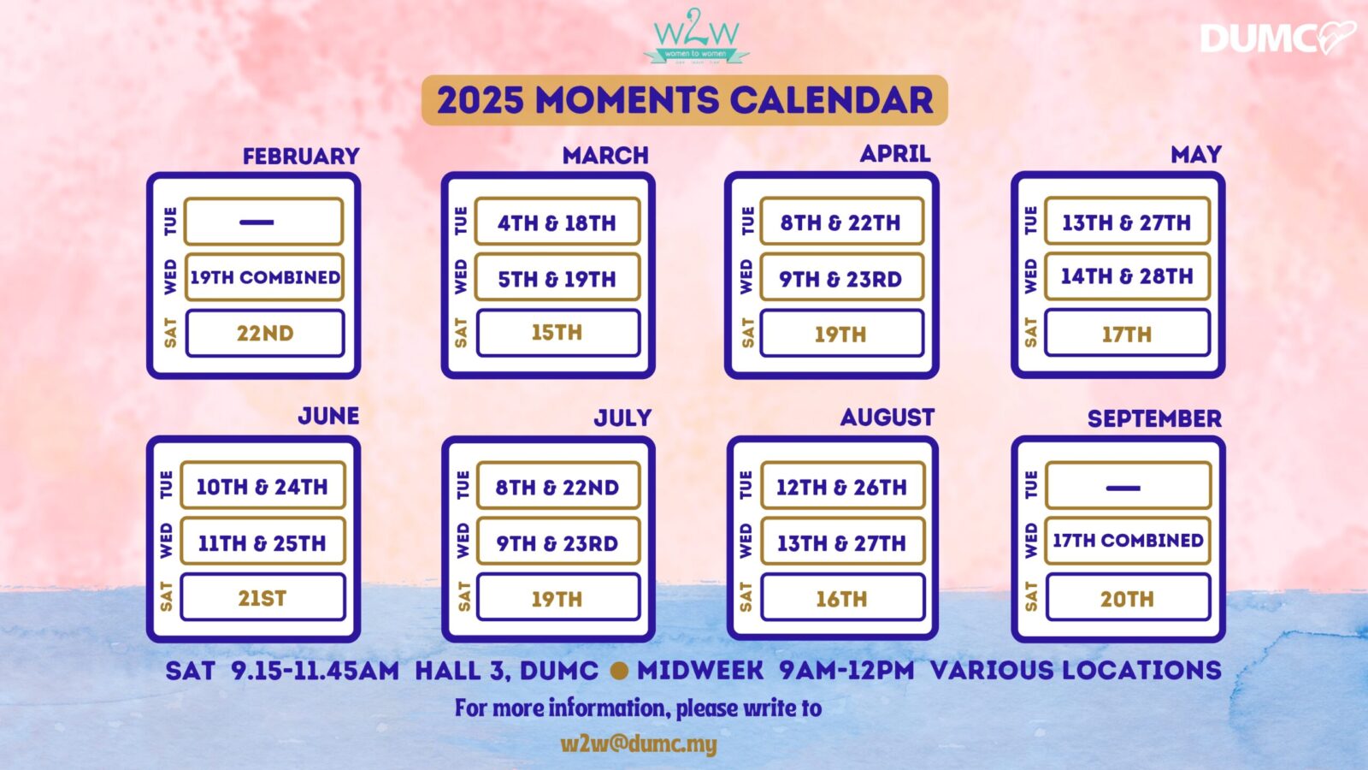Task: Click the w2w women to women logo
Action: pos(696,37)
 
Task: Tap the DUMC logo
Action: pos(1277,38)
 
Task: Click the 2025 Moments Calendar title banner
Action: pos(685,100)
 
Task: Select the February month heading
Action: pos(301,157)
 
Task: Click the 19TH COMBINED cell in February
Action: pos(264,277)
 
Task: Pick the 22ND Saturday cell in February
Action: pos(265,333)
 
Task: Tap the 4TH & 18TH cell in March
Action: pos(557,222)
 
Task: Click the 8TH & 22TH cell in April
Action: pos(841,222)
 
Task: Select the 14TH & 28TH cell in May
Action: pos(1128,276)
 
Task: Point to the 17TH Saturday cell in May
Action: pos(1128,333)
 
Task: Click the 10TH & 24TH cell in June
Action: pos(262,486)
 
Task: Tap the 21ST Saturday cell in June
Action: pos(262,597)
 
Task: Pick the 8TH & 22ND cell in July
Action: pos(558,486)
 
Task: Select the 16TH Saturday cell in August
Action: pos(843,597)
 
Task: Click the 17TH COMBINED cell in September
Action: pos(1128,541)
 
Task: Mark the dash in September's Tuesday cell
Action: pos(1123,488)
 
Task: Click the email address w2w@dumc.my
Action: pos(639,745)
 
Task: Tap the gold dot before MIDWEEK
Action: pos(619,671)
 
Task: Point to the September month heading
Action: pos(1154,419)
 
